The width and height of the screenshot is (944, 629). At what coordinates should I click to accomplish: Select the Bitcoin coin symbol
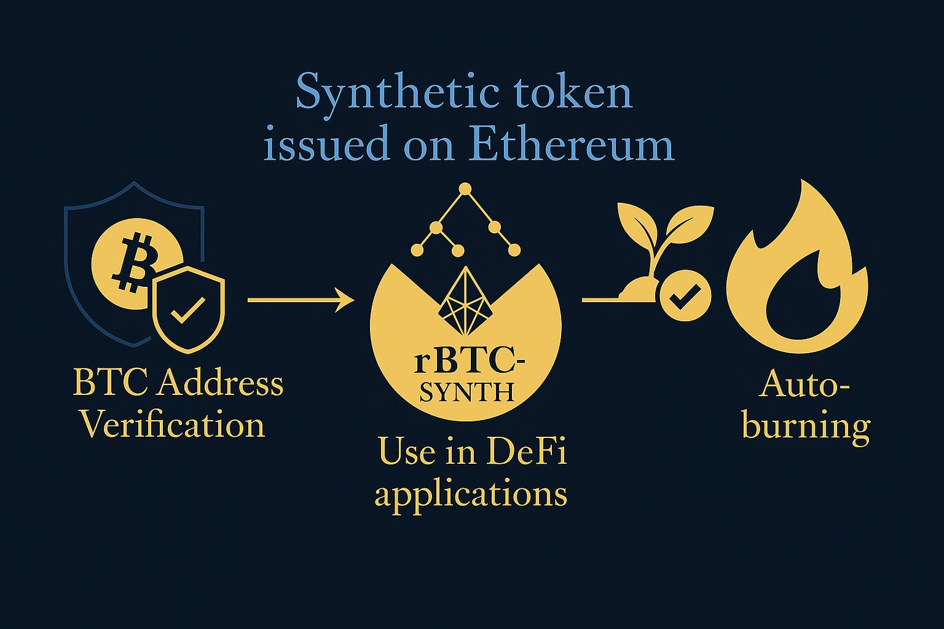pyautogui.click(x=134, y=264)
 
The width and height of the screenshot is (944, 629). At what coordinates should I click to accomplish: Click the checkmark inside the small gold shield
pyautogui.click(x=188, y=310)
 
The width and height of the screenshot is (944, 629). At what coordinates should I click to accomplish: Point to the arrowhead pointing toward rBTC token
pyautogui.click(x=345, y=300)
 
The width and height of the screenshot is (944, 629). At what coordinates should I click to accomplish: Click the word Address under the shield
pyautogui.click(x=219, y=383)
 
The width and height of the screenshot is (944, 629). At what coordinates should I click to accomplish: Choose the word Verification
pyautogui.click(x=173, y=424)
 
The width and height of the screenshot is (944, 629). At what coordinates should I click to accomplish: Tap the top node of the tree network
pyautogui.click(x=465, y=189)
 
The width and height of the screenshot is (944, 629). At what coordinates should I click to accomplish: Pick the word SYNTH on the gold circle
pyautogui.click(x=466, y=393)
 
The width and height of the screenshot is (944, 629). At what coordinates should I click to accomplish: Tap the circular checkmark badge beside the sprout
pyautogui.click(x=685, y=295)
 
